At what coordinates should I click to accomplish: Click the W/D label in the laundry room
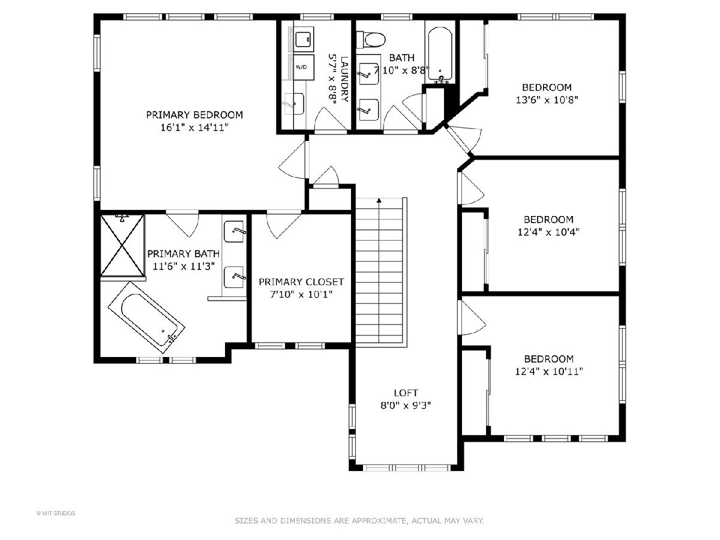(x=301, y=67)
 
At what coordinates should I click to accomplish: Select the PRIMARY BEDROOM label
(x=194, y=115)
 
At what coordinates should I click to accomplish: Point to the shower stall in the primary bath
(x=122, y=245)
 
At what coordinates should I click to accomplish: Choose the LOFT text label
(x=406, y=392)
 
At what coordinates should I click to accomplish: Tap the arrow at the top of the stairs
(x=379, y=200)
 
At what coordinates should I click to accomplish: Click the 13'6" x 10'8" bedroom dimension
(x=547, y=100)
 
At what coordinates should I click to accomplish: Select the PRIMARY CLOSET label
(x=301, y=281)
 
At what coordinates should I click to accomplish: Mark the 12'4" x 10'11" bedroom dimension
(x=549, y=371)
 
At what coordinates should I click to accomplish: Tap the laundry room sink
(x=294, y=104)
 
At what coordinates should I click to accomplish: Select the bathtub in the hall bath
(x=440, y=55)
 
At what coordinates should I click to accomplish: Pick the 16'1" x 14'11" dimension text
(x=194, y=127)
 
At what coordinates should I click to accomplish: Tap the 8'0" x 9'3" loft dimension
(x=406, y=406)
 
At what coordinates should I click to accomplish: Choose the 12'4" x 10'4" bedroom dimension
(x=548, y=232)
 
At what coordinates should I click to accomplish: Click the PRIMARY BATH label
(x=184, y=253)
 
